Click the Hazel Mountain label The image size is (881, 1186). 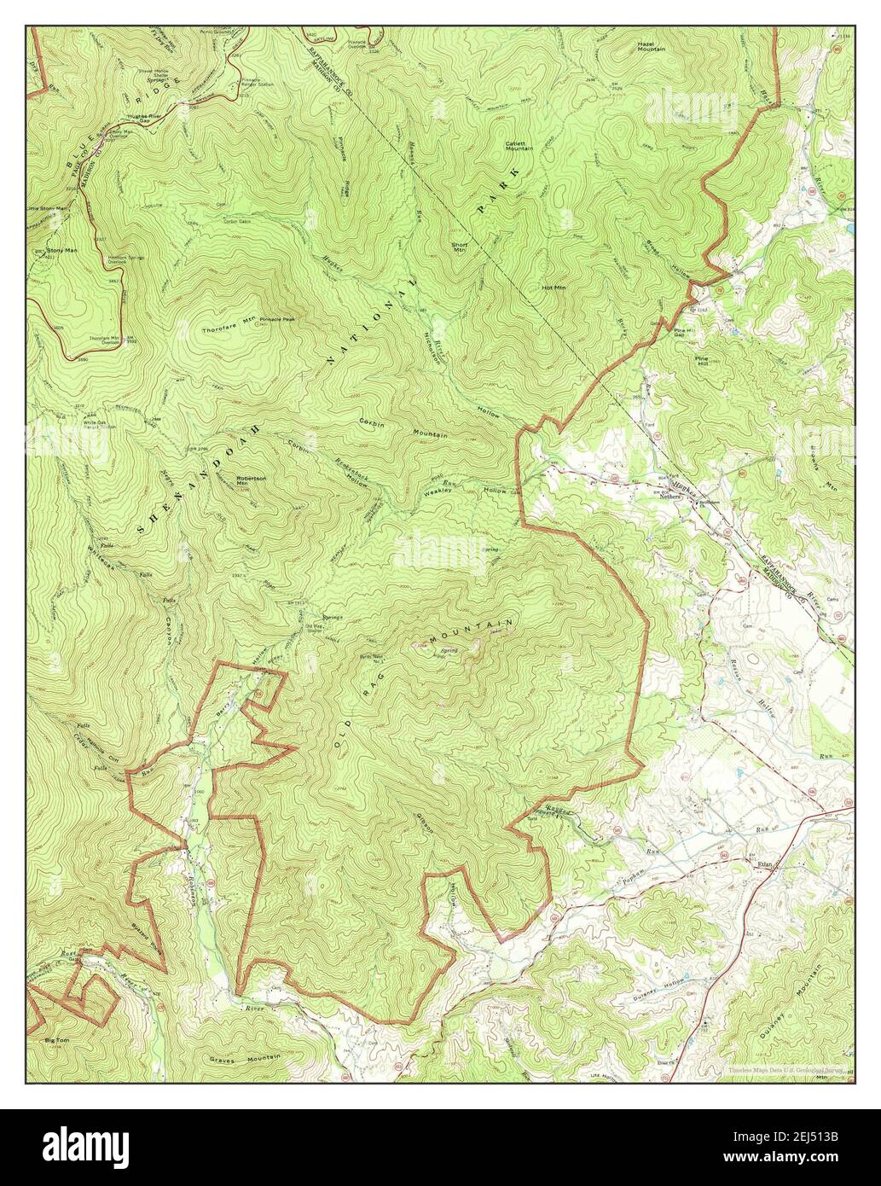(651, 46)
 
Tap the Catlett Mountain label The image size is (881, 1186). (519, 146)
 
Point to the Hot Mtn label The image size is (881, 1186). (554, 288)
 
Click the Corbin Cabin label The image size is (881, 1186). (240, 222)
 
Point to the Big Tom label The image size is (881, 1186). (56, 1041)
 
